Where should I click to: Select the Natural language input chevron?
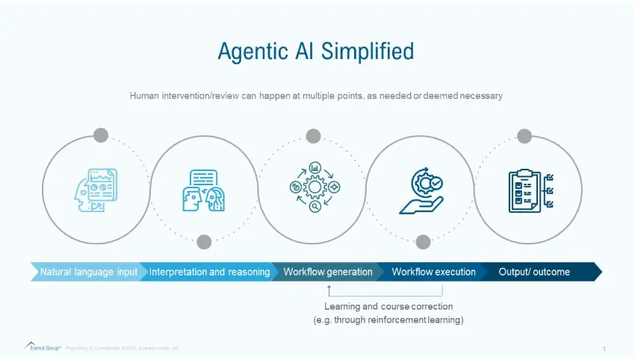88,272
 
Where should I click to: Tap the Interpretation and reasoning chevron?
209,272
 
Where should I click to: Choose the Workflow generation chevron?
327,272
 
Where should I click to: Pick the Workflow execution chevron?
433,272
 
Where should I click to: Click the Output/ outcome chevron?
534,272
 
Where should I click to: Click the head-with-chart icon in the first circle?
96,189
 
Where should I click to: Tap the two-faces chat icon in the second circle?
204,190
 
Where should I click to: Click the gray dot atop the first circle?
101,135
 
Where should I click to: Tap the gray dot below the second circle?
204,241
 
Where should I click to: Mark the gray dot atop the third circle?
313,136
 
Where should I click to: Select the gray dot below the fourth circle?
423,241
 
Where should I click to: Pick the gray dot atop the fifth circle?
524,136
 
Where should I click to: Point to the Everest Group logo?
43,347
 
